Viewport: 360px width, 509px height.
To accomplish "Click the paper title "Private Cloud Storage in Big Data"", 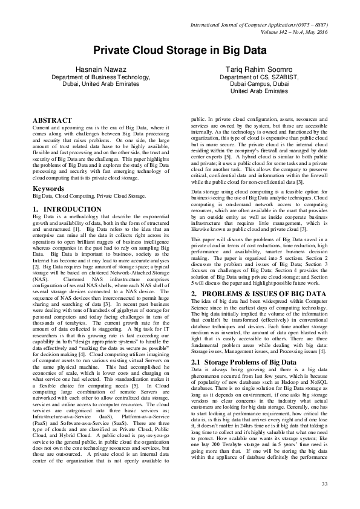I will pyautogui.click(x=180, y=51).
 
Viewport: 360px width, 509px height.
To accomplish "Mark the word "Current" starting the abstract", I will pyautogui.click(x=41, y=129).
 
